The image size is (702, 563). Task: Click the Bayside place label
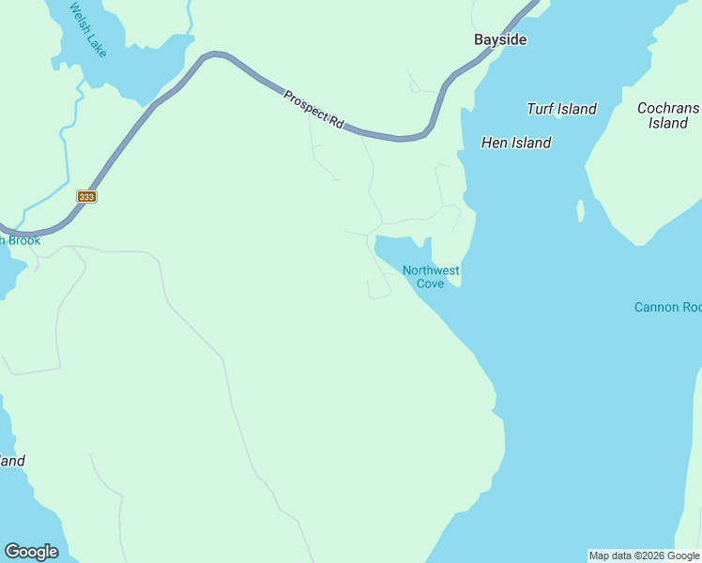[x=500, y=39]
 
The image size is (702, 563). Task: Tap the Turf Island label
[x=561, y=109]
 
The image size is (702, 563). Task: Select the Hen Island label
[x=515, y=143]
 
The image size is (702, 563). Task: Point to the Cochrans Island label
[x=667, y=115]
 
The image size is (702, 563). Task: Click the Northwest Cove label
[x=431, y=277]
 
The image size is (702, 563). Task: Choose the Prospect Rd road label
[x=313, y=108]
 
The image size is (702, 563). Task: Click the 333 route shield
[x=86, y=196]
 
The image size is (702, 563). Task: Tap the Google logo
[x=31, y=552]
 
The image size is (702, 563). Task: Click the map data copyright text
[x=644, y=555]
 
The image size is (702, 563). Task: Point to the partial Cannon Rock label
[x=667, y=307]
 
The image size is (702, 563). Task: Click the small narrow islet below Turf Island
[x=581, y=210]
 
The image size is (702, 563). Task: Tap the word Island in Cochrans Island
[x=667, y=123]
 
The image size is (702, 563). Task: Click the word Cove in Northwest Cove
[x=431, y=283]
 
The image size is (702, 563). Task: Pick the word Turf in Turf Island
[x=541, y=109]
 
